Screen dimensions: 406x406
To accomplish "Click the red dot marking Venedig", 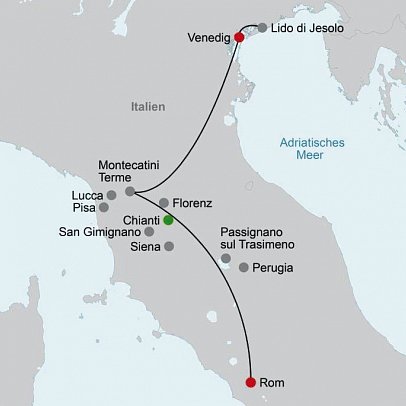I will coord(238,38).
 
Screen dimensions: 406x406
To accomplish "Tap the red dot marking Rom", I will coord(249,381).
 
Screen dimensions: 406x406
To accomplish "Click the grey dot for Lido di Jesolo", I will coord(262,29).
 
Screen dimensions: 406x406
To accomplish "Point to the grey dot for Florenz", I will coord(164,202).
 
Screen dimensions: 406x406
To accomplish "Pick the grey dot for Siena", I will coord(169,246).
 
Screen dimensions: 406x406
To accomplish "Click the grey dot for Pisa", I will coord(104,208).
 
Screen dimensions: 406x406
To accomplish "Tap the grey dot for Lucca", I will coord(112,194).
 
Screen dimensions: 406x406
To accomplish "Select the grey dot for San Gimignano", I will coord(149,232).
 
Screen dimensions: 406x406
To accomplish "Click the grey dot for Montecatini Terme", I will coord(130,190).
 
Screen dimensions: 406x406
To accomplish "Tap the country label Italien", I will coord(148,105).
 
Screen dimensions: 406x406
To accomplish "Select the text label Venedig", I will coord(208,38).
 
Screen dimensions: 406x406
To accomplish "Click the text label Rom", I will coord(271,382).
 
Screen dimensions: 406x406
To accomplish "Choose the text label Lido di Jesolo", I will coord(307,29).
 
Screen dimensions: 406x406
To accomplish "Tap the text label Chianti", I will coord(141,219).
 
